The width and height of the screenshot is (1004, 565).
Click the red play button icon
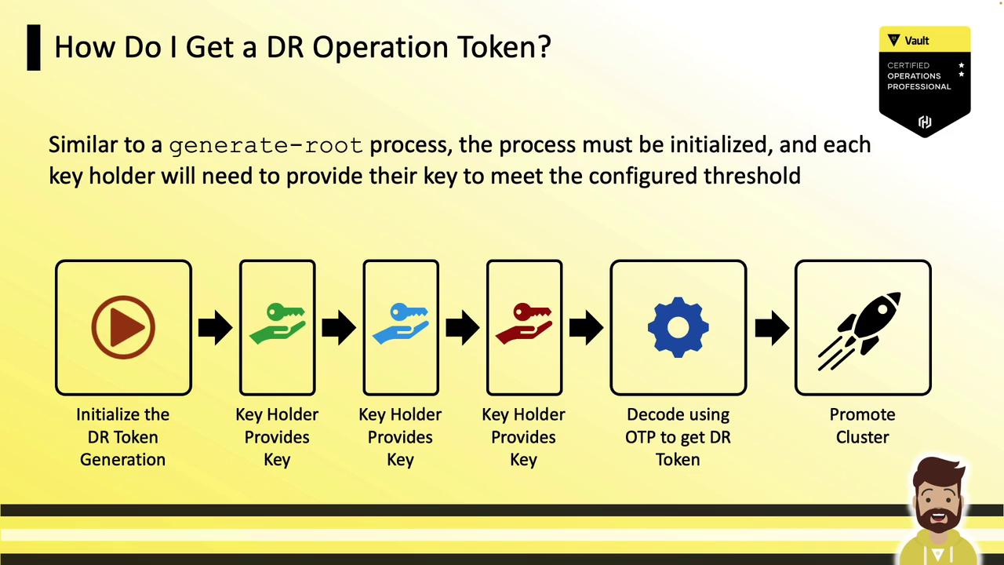123,327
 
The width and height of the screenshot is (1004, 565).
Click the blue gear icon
678,327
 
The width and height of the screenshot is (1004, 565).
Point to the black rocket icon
859,331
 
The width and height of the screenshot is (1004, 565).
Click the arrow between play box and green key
215,327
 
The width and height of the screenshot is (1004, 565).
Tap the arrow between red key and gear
586,327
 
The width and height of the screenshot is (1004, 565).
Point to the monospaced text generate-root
266,146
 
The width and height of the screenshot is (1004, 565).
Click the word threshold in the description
751,175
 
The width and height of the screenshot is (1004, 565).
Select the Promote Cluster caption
862,425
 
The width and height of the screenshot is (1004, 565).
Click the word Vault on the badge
917,41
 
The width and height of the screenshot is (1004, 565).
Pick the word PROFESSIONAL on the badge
919,86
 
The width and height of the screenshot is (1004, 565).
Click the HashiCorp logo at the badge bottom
925,122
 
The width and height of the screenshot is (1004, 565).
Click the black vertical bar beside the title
34,48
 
